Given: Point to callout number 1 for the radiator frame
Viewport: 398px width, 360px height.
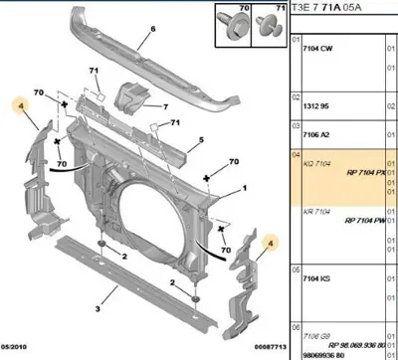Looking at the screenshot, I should [240, 192].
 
